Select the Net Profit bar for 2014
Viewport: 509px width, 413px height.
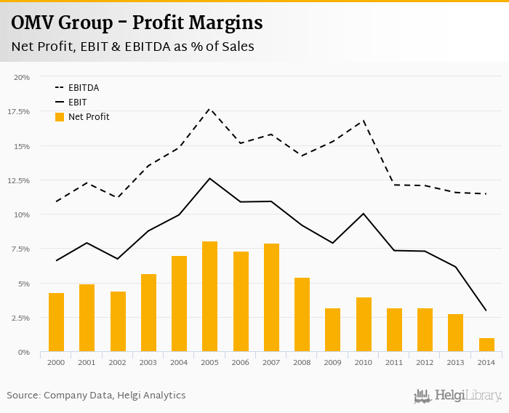point(486,345)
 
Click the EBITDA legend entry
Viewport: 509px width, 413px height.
point(84,88)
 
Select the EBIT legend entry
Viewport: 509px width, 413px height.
point(77,103)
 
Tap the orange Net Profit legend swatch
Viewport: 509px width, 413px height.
point(60,117)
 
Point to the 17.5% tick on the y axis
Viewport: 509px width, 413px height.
point(19,111)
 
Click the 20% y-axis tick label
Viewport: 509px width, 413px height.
point(22,77)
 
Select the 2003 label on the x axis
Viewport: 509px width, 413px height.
point(148,361)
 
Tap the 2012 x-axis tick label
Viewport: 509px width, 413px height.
point(425,361)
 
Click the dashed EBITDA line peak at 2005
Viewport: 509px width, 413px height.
point(209,108)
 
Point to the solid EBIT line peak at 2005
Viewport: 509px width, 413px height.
point(209,178)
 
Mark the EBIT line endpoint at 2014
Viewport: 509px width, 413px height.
point(486,311)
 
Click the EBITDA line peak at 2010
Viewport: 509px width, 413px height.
point(364,120)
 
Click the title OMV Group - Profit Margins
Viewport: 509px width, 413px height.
point(137,23)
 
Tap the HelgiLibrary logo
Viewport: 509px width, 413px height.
point(458,396)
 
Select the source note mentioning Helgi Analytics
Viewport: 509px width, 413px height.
point(96,395)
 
